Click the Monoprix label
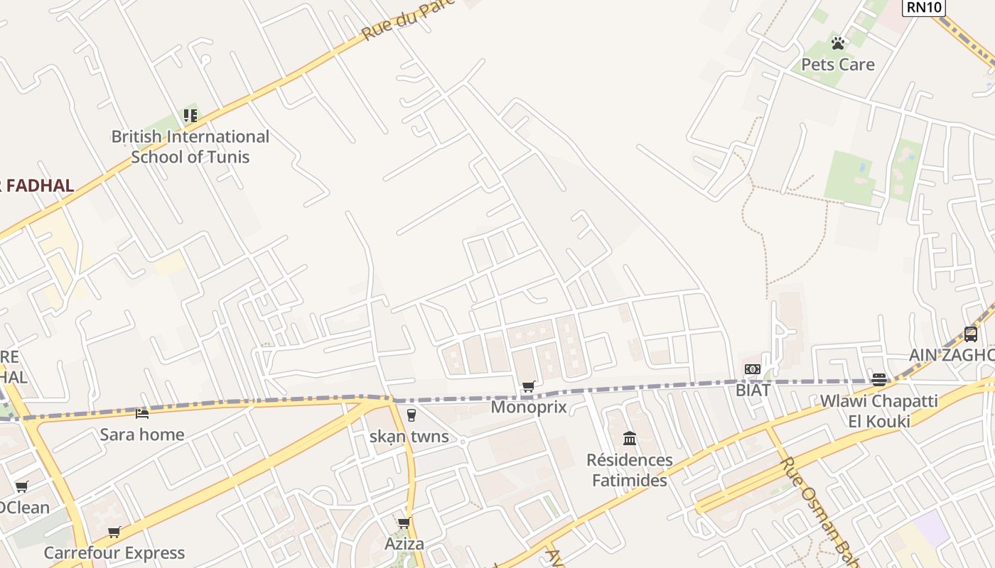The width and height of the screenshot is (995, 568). pyautogui.click(x=529, y=407)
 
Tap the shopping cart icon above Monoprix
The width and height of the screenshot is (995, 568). pyautogui.click(x=528, y=387)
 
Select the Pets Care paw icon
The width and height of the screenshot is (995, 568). pyautogui.click(x=838, y=43)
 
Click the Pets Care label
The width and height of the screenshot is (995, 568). pyautogui.click(x=838, y=65)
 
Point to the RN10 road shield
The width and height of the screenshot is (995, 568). pyautogui.click(x=923, y=8)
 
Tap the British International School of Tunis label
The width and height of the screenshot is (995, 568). pyautogui.click(x=190, y=147)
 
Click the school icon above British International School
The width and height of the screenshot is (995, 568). pyautogui.click(x=190, y=115)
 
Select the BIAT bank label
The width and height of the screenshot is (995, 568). pyautogui.click(x=753, y=390)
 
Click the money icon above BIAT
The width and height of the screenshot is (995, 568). pyautogui.click(x=753, y=369)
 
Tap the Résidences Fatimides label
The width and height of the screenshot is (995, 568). pyautogui.click(x=630, y=470)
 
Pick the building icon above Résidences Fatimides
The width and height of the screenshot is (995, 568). pyautogui.click(x=630, y=438)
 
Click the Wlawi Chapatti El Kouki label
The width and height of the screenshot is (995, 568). pyautogui.click(x=878, y=410)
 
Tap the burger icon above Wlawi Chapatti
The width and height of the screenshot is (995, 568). pyautogui.click(x=879, y=379)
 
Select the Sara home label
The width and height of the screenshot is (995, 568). pyautogui.click(x=142, y=435)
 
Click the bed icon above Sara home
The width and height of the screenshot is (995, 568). pyautogui.click(x=142, y=413)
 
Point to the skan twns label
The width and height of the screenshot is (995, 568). pyautogui.click(x=409, y=436)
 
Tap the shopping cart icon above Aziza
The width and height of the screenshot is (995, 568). pyautogui.click(x=404, y=523)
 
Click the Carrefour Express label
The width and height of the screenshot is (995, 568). pyautogui.click(x=114, y=552)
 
